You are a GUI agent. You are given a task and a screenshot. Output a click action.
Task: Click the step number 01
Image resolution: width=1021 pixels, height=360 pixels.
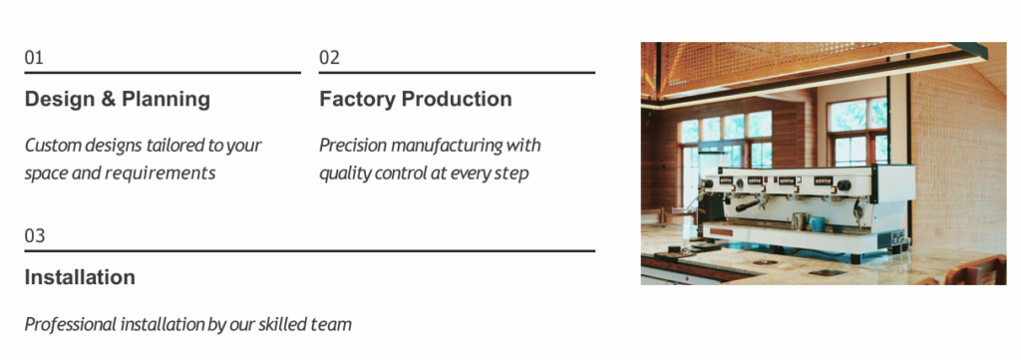click(34, 57)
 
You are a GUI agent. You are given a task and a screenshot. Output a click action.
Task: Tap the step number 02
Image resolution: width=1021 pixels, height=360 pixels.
click(329, 57)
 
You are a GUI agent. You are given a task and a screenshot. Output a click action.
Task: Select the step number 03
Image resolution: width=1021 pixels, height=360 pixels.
click(35, 235)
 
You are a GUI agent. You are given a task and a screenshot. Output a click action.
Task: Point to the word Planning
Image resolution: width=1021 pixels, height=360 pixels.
click(167, 100)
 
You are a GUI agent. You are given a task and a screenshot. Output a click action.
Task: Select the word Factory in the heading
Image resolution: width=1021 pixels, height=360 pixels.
click(358, 99)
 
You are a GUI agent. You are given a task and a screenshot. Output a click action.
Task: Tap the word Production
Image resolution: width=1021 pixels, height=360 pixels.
click(457, 99)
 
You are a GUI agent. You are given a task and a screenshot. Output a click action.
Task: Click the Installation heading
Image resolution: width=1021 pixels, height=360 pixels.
click(80, 277)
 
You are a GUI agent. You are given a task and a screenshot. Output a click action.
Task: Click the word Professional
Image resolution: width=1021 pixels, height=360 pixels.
click(71, 323)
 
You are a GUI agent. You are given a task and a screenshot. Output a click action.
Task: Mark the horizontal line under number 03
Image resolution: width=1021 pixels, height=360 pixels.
click(310, 250)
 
